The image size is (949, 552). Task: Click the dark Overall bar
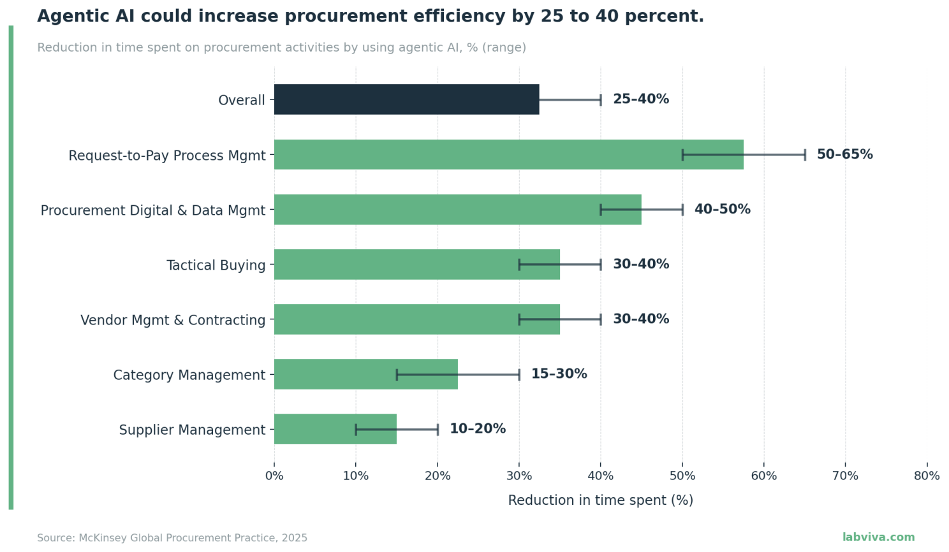coord(406,99)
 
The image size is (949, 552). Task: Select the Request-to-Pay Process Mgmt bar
coord(508,154)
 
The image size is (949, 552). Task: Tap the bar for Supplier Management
coord(335,429)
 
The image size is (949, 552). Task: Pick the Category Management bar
coord(365,374)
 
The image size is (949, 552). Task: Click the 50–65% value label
coord(844,154)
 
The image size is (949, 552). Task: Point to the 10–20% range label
coord(477,429)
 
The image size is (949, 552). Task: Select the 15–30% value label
coord(559,374)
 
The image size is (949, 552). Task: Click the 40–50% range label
coord(722,209)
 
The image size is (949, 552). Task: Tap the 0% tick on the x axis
coord(274,476)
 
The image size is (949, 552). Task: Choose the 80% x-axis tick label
coord(926,476)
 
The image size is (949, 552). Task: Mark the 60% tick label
coord(763,476)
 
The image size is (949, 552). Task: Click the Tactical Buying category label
coord(216,265)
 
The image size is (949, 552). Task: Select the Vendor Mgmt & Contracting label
coord(172,320)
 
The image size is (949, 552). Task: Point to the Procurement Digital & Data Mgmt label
coord(152,210)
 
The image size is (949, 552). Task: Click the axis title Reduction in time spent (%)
coord(600,500)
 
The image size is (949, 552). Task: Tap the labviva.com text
coord(878,537)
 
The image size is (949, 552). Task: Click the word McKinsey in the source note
coord(103,538)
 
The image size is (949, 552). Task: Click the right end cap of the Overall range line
coord(601,99)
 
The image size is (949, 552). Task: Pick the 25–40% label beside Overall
coord(640,99)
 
